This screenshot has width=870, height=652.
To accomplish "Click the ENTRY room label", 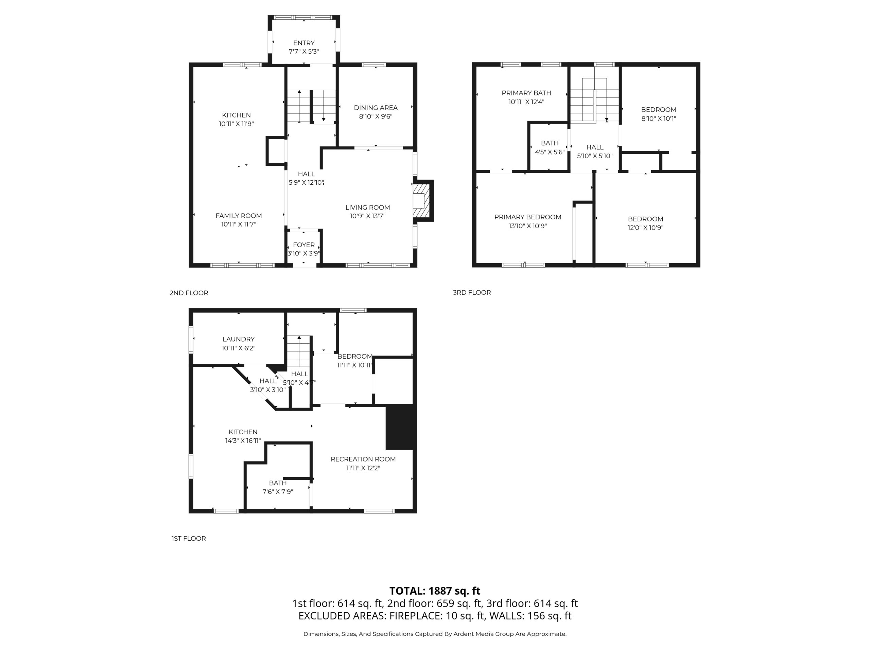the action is pyautogui.click(x=303, y=43).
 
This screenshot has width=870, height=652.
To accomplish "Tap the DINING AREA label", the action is pyautogui.click(x=376, y=108).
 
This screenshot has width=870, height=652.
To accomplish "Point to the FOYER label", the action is pyautogui.click(x=303, y=245).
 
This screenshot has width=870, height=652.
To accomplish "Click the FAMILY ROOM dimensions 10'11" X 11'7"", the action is pyautogui.click(x=239, y=224).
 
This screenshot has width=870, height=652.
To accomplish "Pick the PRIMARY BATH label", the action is pyautogui.click(x=526, y=93).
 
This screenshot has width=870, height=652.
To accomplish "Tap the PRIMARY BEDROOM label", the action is pyautogui.click(x=528, y=217).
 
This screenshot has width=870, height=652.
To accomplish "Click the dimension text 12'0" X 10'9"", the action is pyautogui.click(x=645, y=228).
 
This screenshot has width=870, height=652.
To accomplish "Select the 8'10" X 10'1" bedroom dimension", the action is pyautogui.click(x=659, y=118).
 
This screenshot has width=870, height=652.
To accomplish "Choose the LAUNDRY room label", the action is pyautogui.click(x=238, y=339).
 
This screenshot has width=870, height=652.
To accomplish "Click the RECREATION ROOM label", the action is pyautogui.click(x=363, y=459).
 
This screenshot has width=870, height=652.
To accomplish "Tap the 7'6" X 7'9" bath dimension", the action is pyautogui.click(x=278, y=492).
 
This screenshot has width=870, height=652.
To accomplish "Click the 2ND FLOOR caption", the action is pyautogui.click(x=189, y=293).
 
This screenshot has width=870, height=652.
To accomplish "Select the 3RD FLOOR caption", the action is pyautogui.click(x=472, y=292).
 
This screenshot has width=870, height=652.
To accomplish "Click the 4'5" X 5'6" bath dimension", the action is pyautogui.click(x=550, y=152).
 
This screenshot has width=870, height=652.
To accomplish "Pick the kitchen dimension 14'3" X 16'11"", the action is pyautogui.click(x=243, y=440).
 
